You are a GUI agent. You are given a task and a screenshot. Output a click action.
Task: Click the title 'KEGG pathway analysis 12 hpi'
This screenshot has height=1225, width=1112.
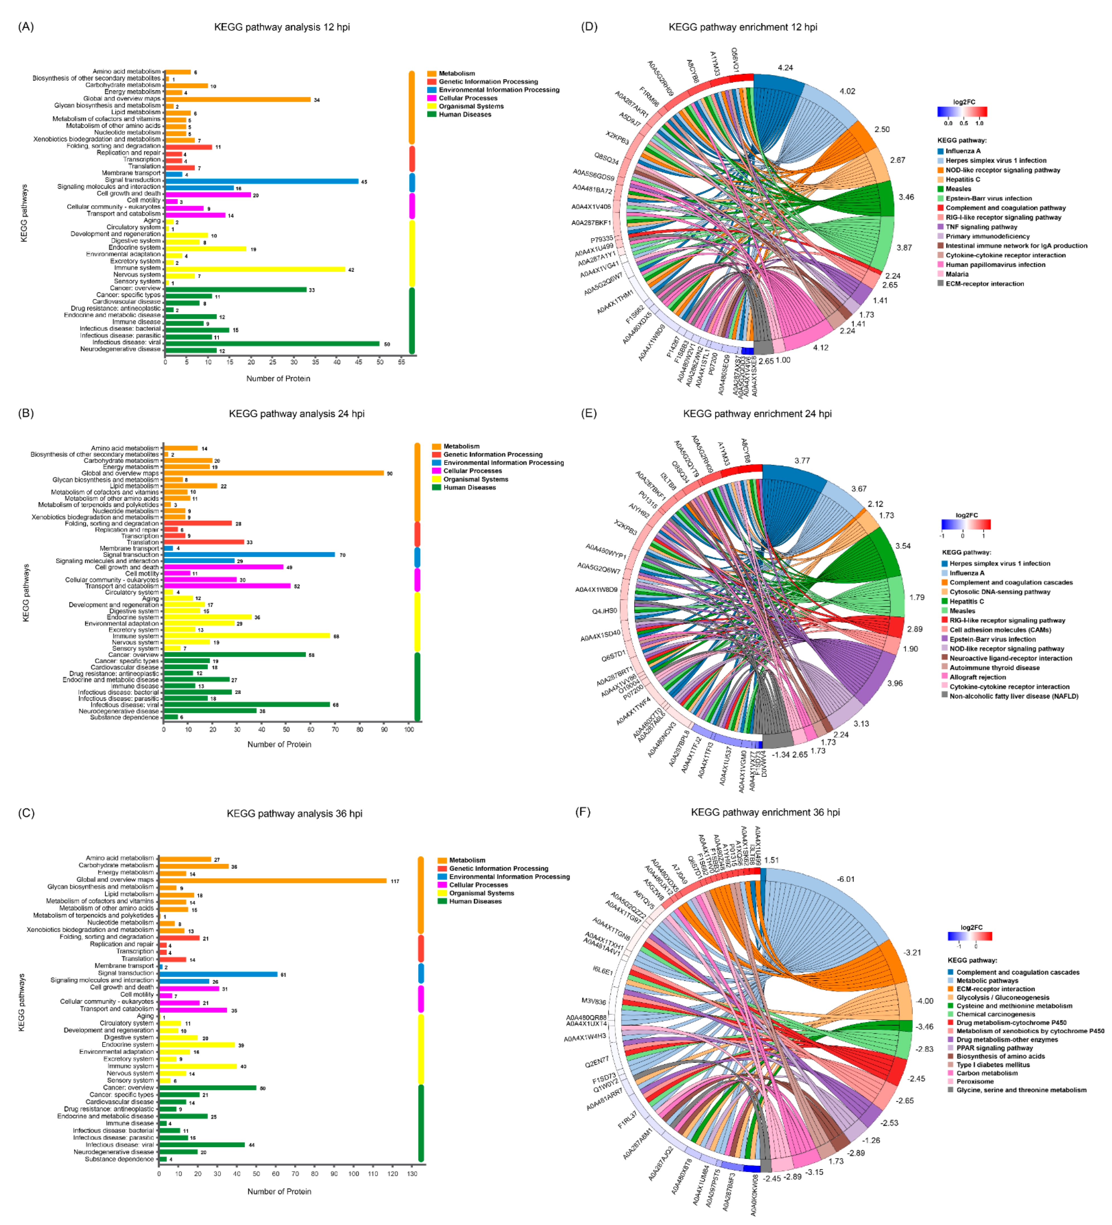[x=281, y=27]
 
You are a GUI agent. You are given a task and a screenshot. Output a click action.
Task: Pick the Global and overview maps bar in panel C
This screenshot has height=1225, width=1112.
[x=272, y=880]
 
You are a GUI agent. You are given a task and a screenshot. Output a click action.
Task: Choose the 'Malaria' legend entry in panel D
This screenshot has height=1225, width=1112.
[x=957, y=274]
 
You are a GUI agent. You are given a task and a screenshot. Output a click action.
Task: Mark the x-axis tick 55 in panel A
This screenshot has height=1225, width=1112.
[x=401, y=362]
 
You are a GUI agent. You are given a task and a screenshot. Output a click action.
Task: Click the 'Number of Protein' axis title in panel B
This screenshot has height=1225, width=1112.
[x=279, y=744]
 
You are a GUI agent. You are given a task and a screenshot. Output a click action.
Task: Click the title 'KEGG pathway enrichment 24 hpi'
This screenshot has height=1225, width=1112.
[x=757, y=414]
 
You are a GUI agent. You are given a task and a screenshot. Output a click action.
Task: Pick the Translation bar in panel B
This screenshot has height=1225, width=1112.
[x=204, y=542]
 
